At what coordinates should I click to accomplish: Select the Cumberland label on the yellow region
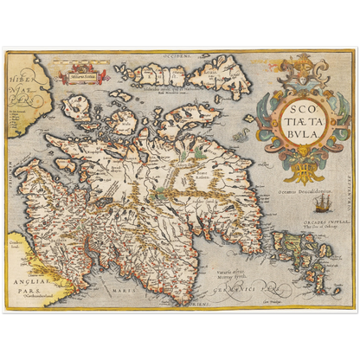tap(16, 251)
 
